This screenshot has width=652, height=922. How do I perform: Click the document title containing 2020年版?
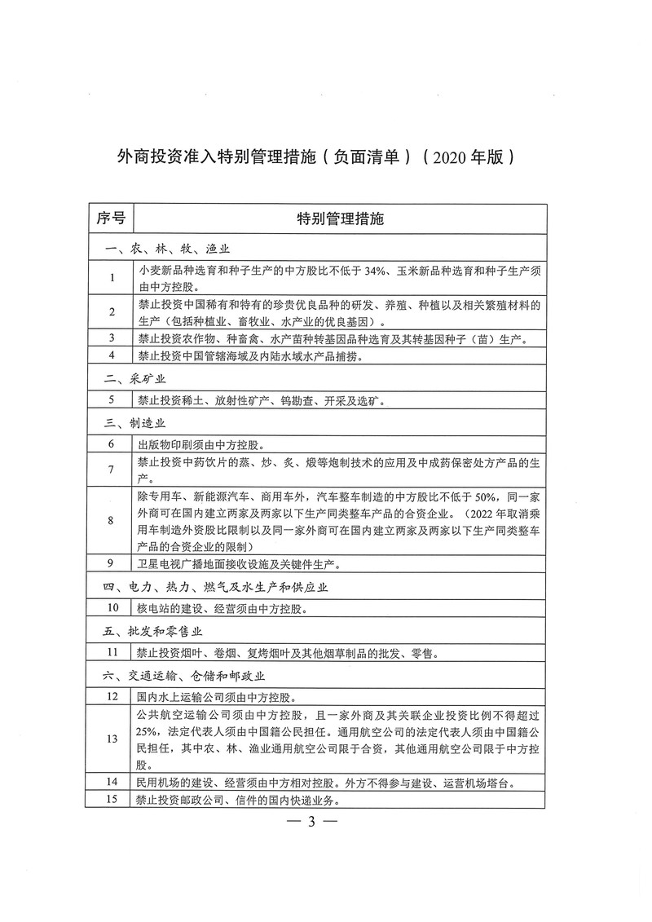pos(315,156)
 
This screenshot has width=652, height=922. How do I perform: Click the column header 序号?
pos(110,218)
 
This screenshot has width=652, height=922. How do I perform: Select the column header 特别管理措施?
pos(340,218)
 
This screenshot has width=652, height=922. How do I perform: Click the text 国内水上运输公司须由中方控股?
pos(217,697)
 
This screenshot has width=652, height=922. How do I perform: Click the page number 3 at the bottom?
pos(313,821)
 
